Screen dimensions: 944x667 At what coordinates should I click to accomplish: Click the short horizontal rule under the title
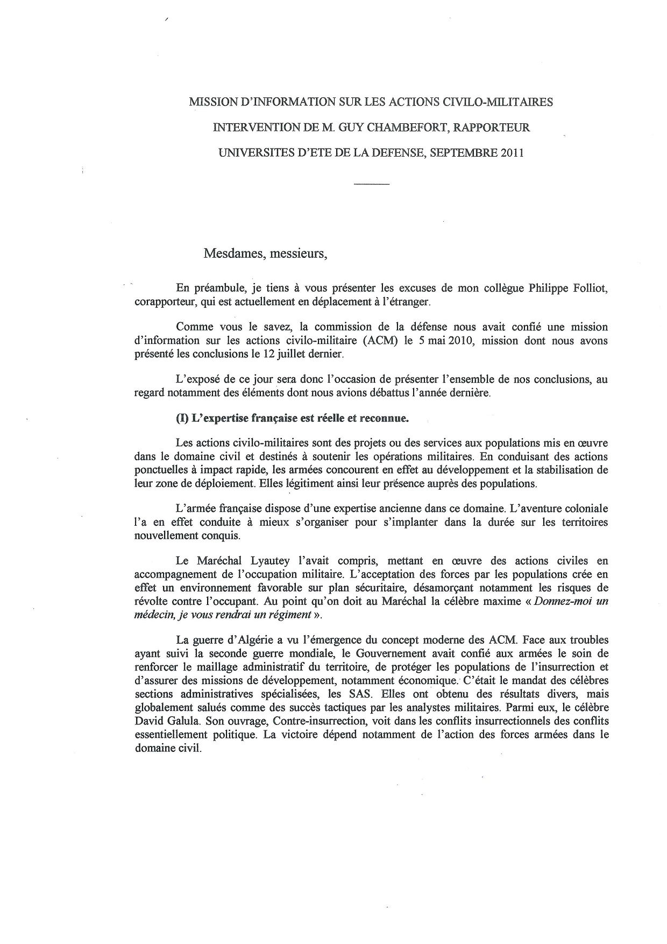point(372,185)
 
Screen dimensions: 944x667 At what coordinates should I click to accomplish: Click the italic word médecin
point(152,615)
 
